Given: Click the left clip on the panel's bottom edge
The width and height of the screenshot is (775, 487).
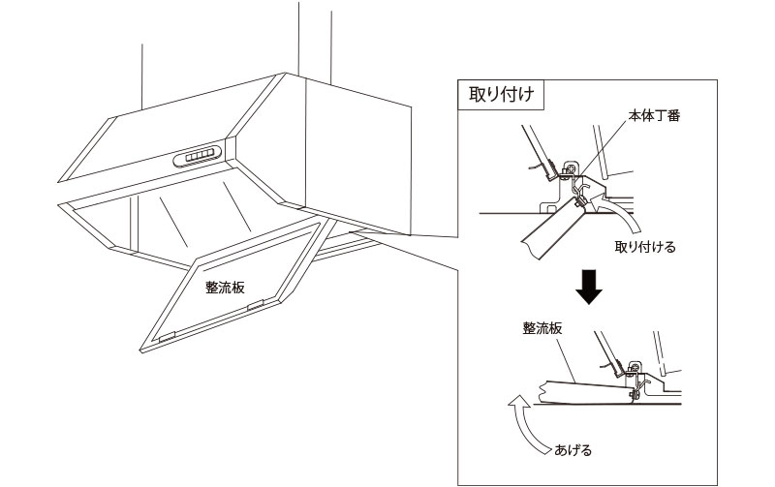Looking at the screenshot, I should point(167,337).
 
